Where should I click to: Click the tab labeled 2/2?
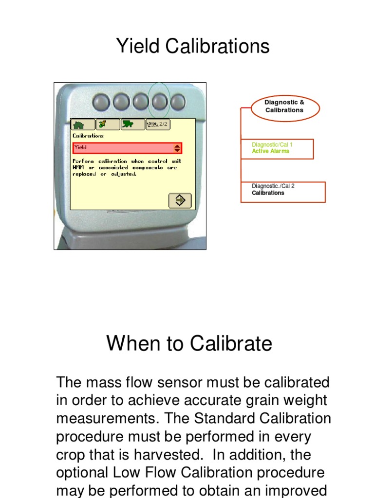157,124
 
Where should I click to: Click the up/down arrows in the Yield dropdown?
177,148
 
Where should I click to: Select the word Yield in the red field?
80,147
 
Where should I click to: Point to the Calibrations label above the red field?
88,136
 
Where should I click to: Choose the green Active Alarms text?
270,151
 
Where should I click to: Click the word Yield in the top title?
138,47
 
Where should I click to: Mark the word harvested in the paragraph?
166,455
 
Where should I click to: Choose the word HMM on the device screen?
78,168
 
